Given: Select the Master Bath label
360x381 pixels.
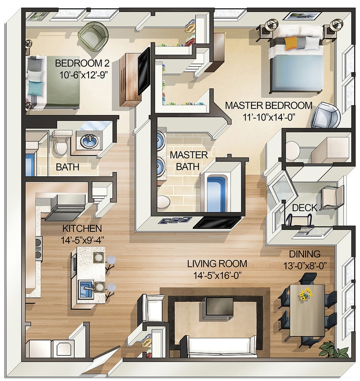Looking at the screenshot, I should tap(188, 161).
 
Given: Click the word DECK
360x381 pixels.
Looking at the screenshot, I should tap(304, 208).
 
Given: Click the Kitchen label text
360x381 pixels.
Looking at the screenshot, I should tap(82, 228).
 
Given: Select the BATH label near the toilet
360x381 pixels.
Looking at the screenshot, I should tap(67, 167).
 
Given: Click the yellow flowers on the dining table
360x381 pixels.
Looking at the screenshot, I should tap(306, 295).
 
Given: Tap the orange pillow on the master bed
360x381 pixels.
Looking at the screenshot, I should tap(291, 43).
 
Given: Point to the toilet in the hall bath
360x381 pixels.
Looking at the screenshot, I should tap(61, 144).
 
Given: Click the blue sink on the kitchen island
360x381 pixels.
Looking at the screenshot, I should tap(86, 288).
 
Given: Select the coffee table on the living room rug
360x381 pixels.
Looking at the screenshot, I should tap(218, 308).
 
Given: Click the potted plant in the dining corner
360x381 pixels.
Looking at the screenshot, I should tap(333, 349).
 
